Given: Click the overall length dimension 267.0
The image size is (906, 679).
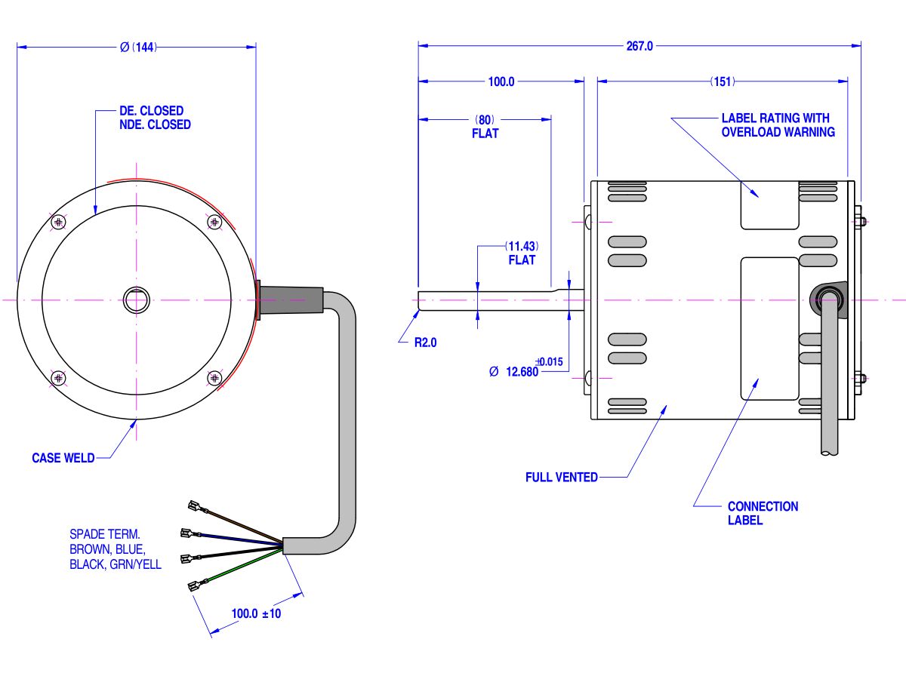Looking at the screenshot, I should coord(639,46).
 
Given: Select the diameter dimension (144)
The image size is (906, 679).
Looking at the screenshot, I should coord(137,47).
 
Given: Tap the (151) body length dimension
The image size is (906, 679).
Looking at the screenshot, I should coord(723,81).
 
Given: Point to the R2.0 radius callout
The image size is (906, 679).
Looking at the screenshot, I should coord(425,342).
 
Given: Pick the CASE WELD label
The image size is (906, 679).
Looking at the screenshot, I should coord(63,458).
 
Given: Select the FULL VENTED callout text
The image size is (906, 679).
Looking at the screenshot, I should coord(562,477).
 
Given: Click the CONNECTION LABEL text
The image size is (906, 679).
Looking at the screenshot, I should coord(763,513).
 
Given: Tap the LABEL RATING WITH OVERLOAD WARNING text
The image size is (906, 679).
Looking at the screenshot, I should coord(778,125).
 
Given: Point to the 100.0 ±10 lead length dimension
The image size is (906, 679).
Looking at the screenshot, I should coord(256,614).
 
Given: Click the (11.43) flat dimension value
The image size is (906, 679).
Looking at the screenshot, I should coord(522,247).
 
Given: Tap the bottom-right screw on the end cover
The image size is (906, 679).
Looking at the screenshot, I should coord(214,377).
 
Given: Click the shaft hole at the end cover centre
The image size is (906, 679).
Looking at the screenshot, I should coord(137,300).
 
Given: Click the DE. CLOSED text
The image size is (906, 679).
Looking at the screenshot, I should coord(151,111).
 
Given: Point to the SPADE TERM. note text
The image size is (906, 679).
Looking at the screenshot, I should coord(105,533).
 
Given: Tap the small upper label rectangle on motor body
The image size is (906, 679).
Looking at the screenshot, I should coord(769,204).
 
